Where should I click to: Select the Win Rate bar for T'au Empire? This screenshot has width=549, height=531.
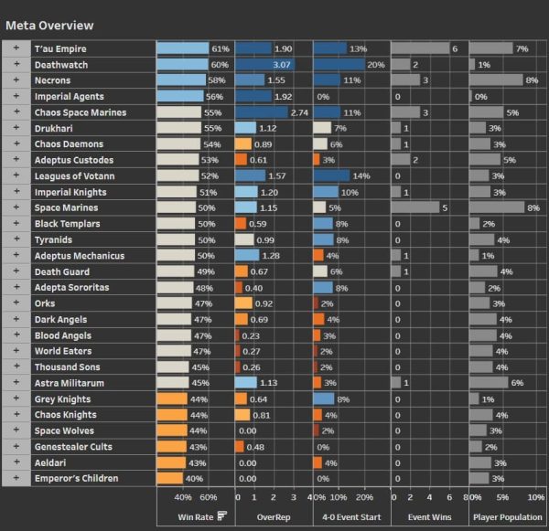pyautogui.click(x=182, y=48)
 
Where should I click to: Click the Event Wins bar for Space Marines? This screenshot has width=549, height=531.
pyautogui.click(x=416, y=207)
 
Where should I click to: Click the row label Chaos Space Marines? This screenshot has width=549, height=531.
pyautogui.click(x=81, y=112)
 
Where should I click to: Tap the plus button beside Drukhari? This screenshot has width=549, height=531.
pyautogui.click(x=16, y=128)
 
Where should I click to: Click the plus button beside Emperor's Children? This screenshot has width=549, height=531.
pyautogui.click(x=16, y=477)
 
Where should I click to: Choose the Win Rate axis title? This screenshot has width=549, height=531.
pyautogui.click(x=194, y=516)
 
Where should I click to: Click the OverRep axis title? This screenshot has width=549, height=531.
pyautogui.click(x=273, y=516)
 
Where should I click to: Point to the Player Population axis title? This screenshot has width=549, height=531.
pyautogui.click(x=508, y=516)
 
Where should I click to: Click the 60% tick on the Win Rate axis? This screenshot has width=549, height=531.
pyautogui.click(x=209, y=497)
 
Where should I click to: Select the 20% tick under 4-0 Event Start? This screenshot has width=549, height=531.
pyautogui.click(x=364, y=497)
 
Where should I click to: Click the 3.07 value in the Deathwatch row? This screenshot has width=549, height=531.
pyautogui.click(x=282, y=65)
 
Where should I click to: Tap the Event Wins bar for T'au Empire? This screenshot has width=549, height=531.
pyautogui.click(x=420, y=48)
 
